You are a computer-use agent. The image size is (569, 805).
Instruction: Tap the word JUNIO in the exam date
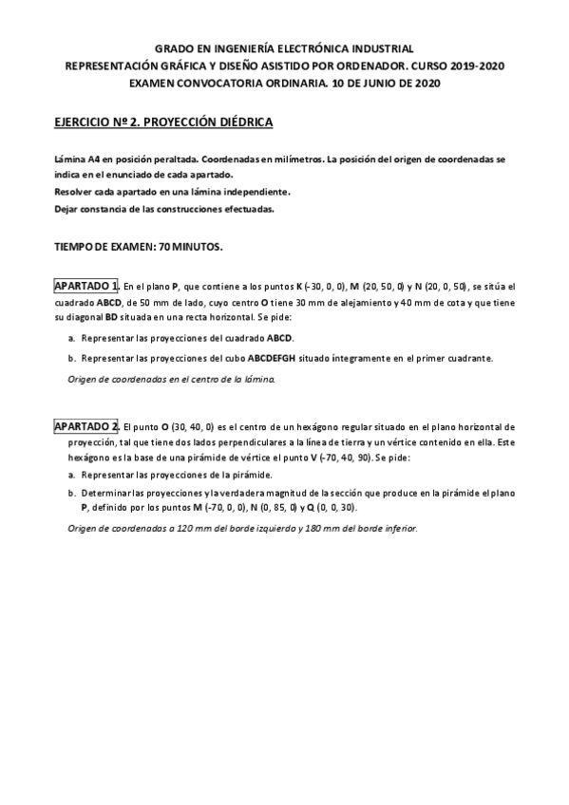[x=376, y=83]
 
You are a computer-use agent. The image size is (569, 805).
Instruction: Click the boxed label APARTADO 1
[x=85, y=286]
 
